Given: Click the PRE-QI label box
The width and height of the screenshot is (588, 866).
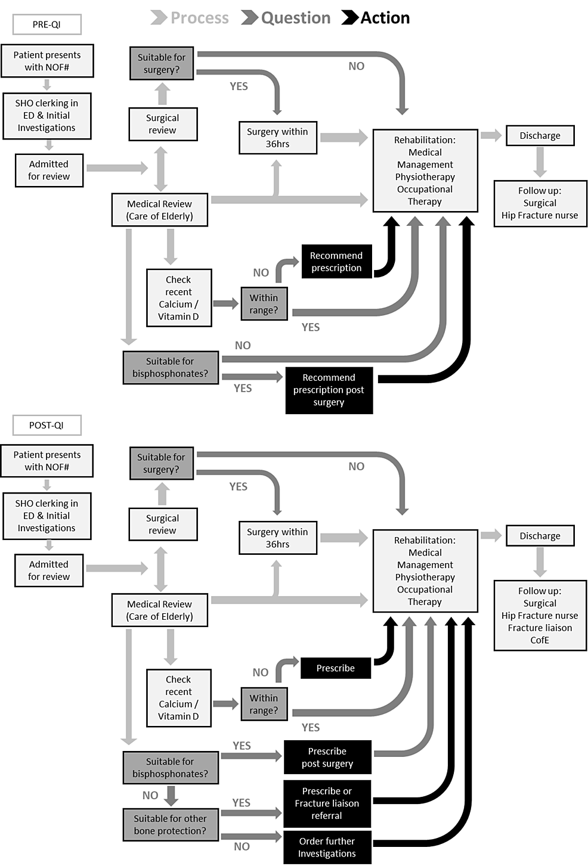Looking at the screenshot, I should click(47, 24).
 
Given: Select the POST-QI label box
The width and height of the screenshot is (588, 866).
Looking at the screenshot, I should click(47, 425).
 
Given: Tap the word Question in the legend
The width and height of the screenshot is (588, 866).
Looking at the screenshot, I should click(295, 18).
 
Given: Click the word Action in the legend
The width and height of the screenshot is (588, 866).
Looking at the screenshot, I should click(385, 18).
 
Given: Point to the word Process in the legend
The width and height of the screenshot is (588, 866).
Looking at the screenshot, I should click(199, 18).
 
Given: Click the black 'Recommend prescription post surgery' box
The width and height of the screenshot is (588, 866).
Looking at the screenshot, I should click(329, 390).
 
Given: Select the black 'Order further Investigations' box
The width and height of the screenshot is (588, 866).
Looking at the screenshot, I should click(327, 847).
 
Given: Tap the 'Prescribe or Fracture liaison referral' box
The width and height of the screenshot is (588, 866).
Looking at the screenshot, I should click(327, 803).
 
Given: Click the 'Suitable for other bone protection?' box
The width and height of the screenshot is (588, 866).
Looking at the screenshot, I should click(170, 824).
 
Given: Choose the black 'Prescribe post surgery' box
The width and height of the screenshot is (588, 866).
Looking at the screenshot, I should click(327, 757).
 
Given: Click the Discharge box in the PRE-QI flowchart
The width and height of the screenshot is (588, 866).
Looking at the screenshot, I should click(540, 135).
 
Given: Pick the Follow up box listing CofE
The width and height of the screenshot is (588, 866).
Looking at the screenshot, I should click(540, 615).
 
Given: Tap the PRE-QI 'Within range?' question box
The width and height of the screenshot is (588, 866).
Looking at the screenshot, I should click(264, 303).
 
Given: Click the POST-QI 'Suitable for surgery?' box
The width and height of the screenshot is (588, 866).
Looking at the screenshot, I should click(161, 463).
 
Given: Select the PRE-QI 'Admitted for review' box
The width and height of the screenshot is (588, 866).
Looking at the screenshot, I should click(49, 170).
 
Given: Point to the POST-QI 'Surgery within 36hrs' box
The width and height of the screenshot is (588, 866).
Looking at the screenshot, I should click(277, 538).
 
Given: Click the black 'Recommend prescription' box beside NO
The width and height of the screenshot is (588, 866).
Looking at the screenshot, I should click(336, 262).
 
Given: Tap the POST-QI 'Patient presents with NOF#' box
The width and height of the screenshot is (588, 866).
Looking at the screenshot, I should click(47, 461).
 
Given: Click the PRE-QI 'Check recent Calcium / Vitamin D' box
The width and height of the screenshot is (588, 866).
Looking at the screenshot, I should click(178, 297).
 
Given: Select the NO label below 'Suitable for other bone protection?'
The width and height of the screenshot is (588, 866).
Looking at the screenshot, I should click(242, 846).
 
